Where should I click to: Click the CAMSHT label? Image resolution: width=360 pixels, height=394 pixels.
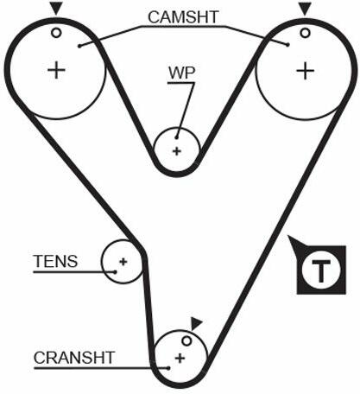[183, 17]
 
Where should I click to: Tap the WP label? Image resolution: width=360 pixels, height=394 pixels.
[182, 73]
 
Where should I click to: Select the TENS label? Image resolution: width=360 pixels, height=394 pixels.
[56, 261]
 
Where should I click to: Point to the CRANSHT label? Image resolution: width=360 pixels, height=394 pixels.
[74, 358]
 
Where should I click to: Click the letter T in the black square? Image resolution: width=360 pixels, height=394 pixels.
[321, 270]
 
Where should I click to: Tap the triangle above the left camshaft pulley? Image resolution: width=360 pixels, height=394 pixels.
[56, 9]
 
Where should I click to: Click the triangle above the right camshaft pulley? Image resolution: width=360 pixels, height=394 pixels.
[305, 9]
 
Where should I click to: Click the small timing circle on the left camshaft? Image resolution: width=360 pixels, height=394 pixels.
[56, 33]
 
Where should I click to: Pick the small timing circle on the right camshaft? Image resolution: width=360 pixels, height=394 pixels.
[305, 33]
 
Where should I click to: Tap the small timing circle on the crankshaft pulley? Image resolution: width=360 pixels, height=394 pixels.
[186, 341]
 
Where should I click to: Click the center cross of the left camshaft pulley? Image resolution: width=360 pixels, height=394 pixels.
[56, 70]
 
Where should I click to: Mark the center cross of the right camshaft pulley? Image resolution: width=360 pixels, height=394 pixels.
[305, 71]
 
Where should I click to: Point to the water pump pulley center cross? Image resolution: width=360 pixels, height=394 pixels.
[177, 151]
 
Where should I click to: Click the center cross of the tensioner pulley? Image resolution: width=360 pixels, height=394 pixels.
[123, 262]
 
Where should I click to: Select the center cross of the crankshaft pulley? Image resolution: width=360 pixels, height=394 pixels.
[180, 359]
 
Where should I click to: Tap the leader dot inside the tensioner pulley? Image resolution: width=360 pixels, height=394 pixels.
[115, 272]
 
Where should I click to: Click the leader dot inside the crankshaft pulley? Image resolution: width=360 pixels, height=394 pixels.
[169, 368]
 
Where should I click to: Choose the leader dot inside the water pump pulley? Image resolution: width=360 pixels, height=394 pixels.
[176, 137]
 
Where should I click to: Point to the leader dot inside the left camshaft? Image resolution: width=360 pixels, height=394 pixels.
[79, 46]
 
